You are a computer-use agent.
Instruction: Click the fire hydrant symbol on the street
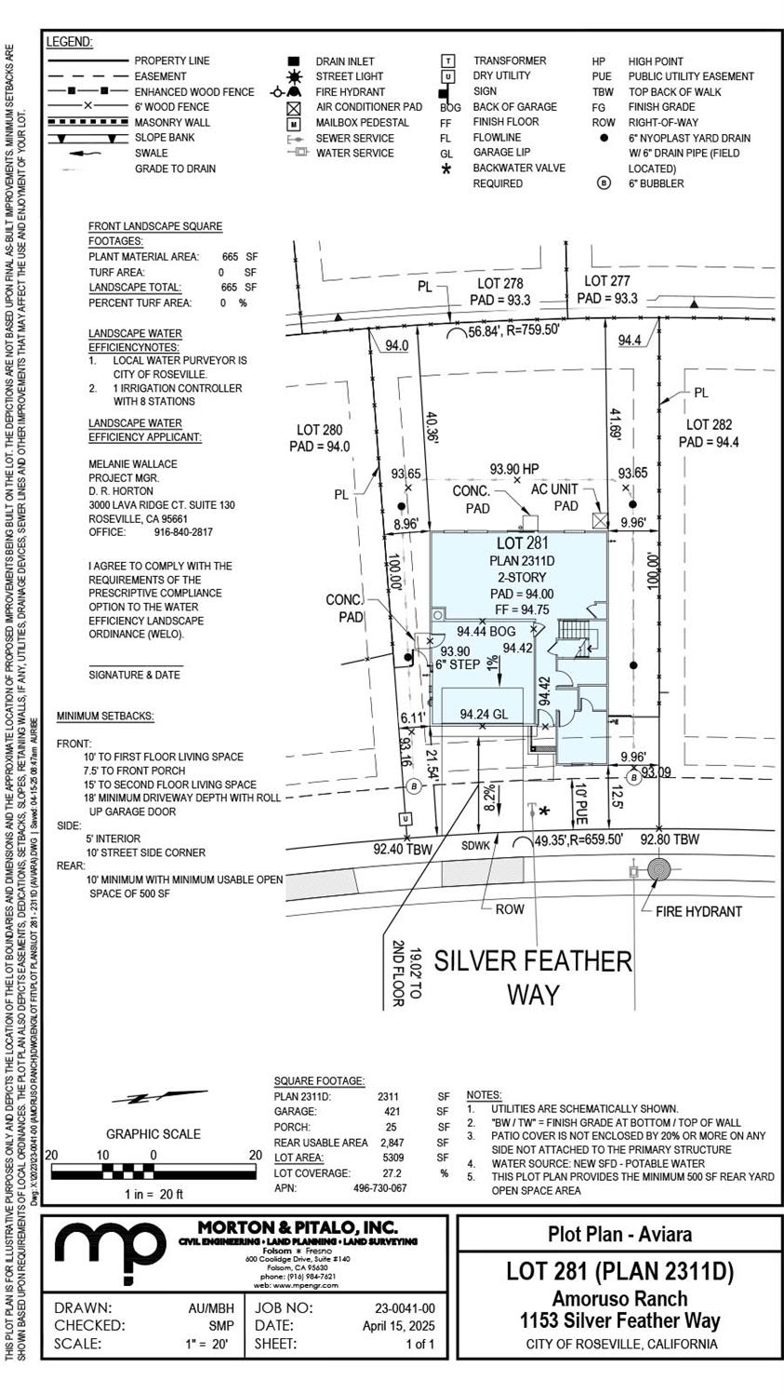658,871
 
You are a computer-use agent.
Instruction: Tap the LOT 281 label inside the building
523,543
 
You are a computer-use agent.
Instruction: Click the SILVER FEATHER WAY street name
533,976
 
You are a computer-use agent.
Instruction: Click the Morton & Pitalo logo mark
110,1253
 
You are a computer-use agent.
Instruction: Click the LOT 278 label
500,284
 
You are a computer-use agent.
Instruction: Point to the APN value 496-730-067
379,1188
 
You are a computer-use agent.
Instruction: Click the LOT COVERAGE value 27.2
392,1173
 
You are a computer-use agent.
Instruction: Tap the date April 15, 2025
398,1326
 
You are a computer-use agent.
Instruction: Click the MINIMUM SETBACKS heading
105,717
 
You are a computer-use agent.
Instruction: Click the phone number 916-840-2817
183,532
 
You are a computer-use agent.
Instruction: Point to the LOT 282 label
710,425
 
